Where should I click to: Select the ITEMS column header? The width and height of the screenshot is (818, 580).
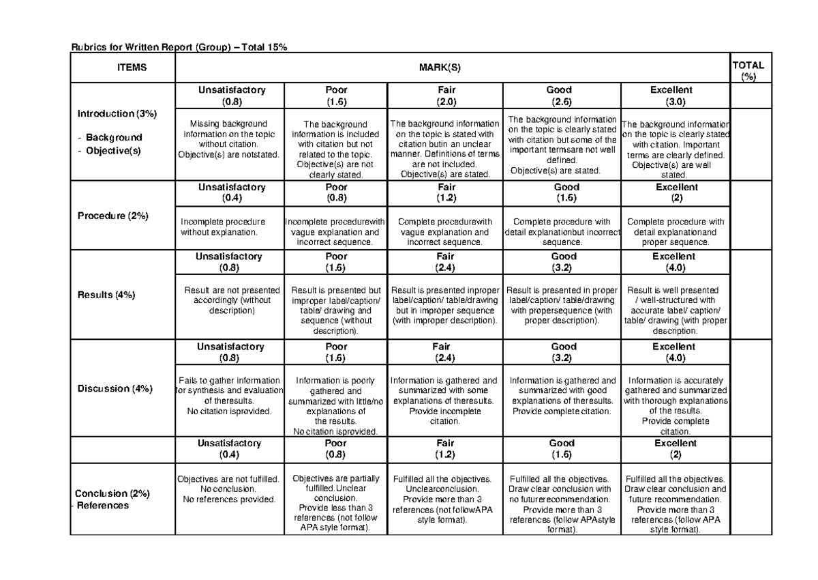coord(123,68)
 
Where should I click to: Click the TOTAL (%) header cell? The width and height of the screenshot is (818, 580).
coord(747,71)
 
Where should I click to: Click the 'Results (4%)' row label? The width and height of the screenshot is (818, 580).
coord(106,295)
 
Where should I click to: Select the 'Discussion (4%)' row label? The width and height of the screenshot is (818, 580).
coord(112,388)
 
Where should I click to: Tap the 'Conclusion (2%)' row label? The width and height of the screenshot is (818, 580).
coord(111,493)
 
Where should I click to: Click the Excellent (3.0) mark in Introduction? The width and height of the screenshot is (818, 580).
coord(671,96)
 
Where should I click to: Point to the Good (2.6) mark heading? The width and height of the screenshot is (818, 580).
coord(559,96)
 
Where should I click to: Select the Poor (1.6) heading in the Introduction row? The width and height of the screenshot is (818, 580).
coord(336,96)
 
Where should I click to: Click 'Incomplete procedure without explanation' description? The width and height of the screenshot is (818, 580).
coord(223,227)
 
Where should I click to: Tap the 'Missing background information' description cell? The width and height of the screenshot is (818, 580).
coord(228,139)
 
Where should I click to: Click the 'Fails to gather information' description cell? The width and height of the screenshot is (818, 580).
coord(228,396)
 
